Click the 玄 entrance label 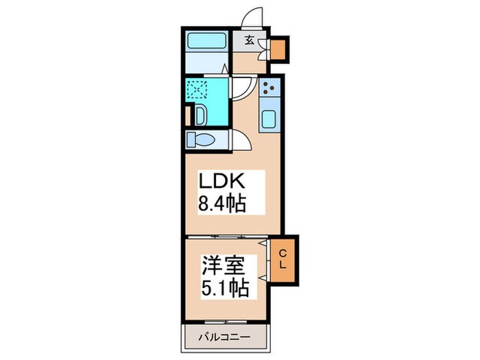pos(250,40)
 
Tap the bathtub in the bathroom pos(206,40)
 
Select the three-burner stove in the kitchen pos(269,88)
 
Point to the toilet pos(201,140)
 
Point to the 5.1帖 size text pos(224,285)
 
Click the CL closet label pos(282,259)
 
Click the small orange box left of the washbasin pos(187,115)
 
